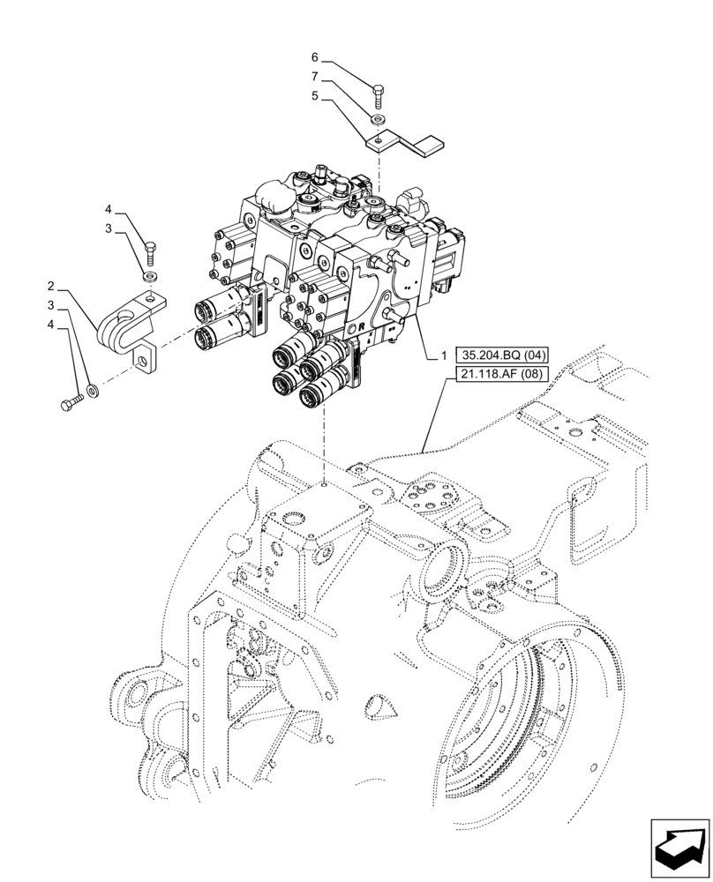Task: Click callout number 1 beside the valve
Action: (444, 355)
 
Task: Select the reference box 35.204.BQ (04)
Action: (504, 355)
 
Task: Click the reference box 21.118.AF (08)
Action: (503, 374)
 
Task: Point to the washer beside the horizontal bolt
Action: (93, 389)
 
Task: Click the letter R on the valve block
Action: (362, 325)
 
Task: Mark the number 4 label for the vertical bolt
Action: (109, 209)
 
